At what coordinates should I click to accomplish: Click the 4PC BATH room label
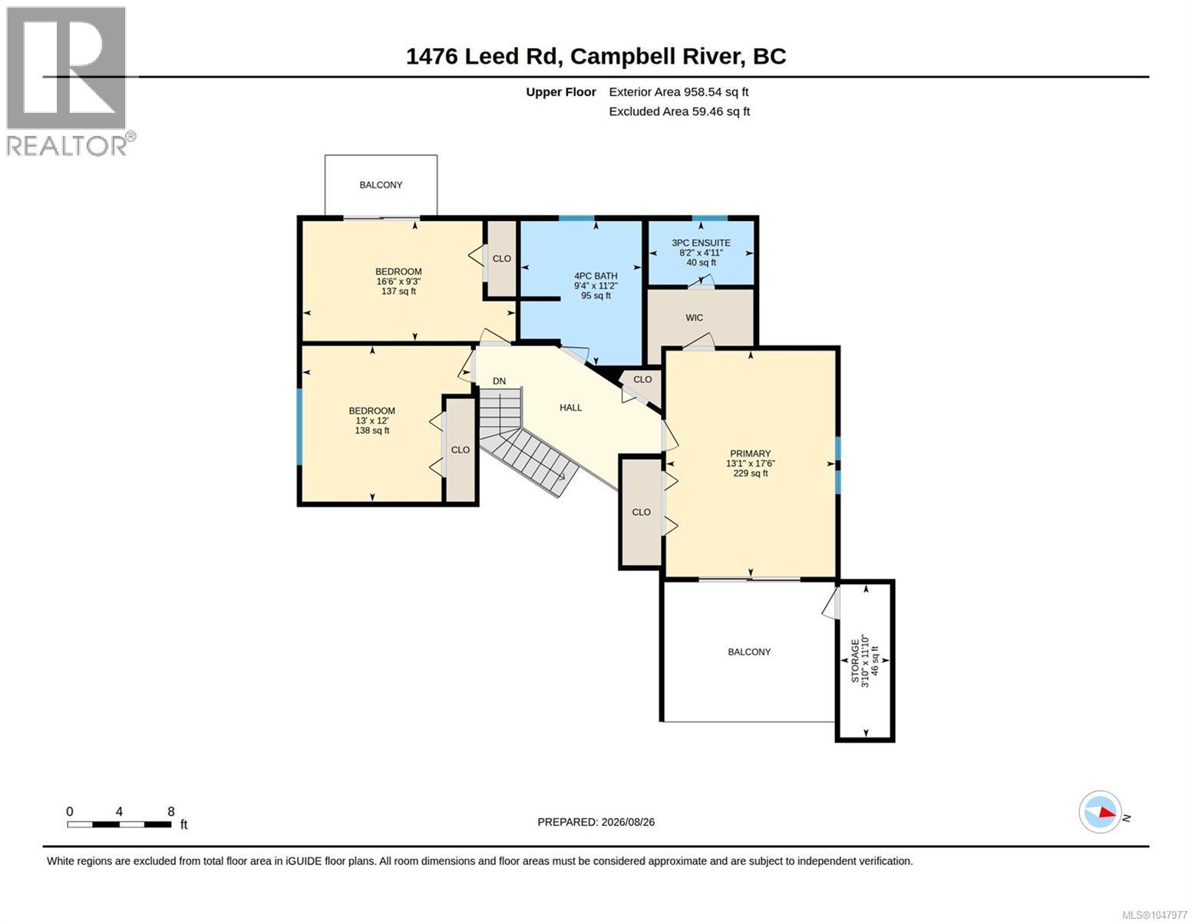[596, 276]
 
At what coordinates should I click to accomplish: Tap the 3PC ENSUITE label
[701, 243]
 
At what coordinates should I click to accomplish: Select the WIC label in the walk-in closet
[694, 318]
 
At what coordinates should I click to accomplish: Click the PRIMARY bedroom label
[750, 454]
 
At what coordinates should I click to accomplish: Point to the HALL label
[570, 408]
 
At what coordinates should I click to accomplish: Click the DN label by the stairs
[499, 381]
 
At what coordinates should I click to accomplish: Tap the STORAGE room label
[855, 661]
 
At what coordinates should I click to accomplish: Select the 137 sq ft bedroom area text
[399, 292]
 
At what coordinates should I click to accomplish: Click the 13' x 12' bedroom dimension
[372, 421]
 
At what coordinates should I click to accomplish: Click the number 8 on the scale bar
[171, 811]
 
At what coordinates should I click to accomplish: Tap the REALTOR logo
[68, 81]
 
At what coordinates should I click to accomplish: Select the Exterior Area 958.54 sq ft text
[679, 92]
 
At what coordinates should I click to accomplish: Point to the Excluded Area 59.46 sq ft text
[679, 111]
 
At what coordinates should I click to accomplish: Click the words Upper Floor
[560, 92]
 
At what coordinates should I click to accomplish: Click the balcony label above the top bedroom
[381, 185]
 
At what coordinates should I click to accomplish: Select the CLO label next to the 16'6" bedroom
[501, 259]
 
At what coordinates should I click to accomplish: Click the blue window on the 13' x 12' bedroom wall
[299, 426]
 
